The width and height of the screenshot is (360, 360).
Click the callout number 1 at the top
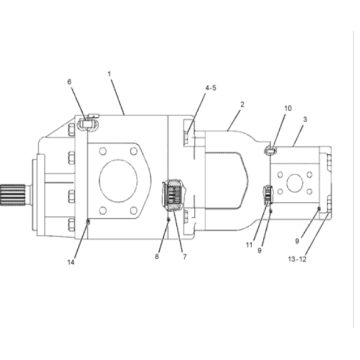[x=111, y=73]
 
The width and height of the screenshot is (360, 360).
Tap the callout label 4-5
[x=209, y=89]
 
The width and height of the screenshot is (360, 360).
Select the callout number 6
[x=69, y=82]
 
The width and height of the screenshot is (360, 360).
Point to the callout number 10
[x=288, y=107]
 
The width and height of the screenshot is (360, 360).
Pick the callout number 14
[x=71, y=262]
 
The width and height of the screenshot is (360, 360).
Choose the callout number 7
[x=183, y=256]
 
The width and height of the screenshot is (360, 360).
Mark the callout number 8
[x=158, y=256]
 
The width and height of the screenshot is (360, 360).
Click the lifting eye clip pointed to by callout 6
[x=88, y=124]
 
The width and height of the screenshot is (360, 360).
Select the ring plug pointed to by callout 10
[x=271, y=150]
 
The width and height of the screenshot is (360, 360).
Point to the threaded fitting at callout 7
[x=173, y=192]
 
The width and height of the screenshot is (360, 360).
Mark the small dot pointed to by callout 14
[x=88, y=221]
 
